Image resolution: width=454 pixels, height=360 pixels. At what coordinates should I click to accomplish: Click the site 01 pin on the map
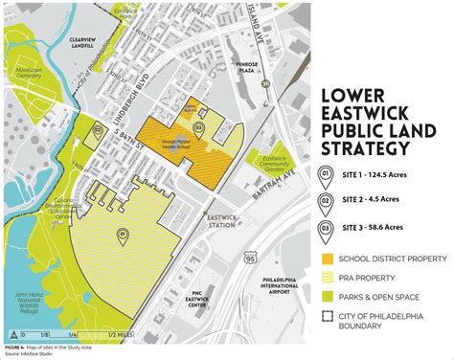tap(123, 235)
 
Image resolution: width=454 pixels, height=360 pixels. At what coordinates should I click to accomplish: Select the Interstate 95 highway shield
tap(250, 257)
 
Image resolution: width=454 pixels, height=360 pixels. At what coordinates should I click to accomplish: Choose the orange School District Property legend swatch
tap(328, 258)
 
